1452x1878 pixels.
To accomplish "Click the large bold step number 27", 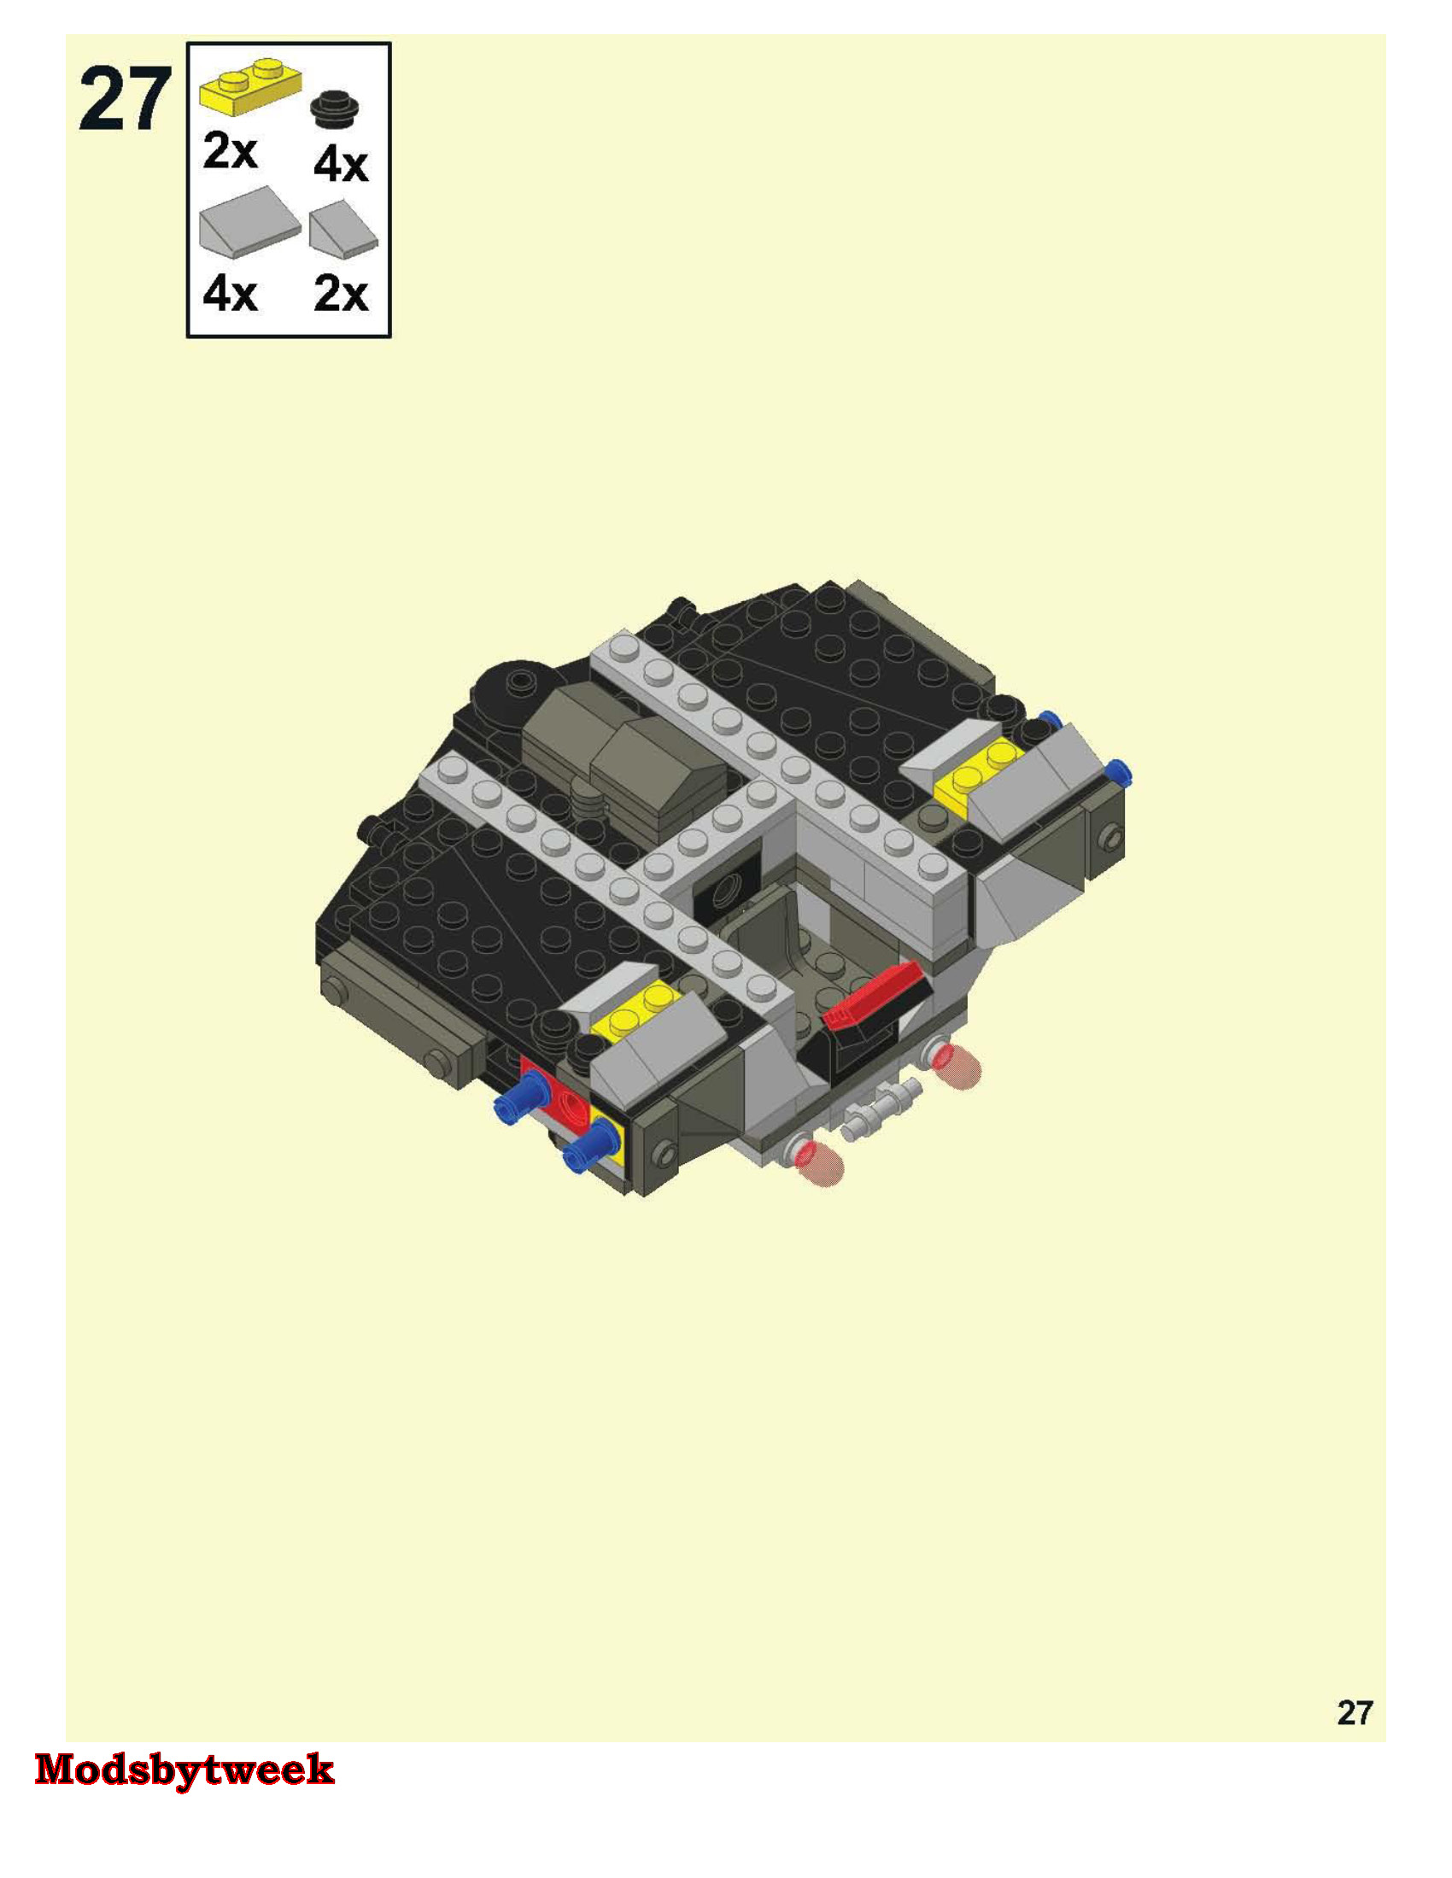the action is [x=125, y=101].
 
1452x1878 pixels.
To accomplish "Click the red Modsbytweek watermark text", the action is [x=184, y=1770].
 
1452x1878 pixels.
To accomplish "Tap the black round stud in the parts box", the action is [x=335, y=110].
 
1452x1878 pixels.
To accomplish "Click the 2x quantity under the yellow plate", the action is [x=230, y=151].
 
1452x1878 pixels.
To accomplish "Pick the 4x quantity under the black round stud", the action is [x=341, y=163].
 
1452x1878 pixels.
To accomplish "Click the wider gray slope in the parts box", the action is [x=249, y=222].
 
